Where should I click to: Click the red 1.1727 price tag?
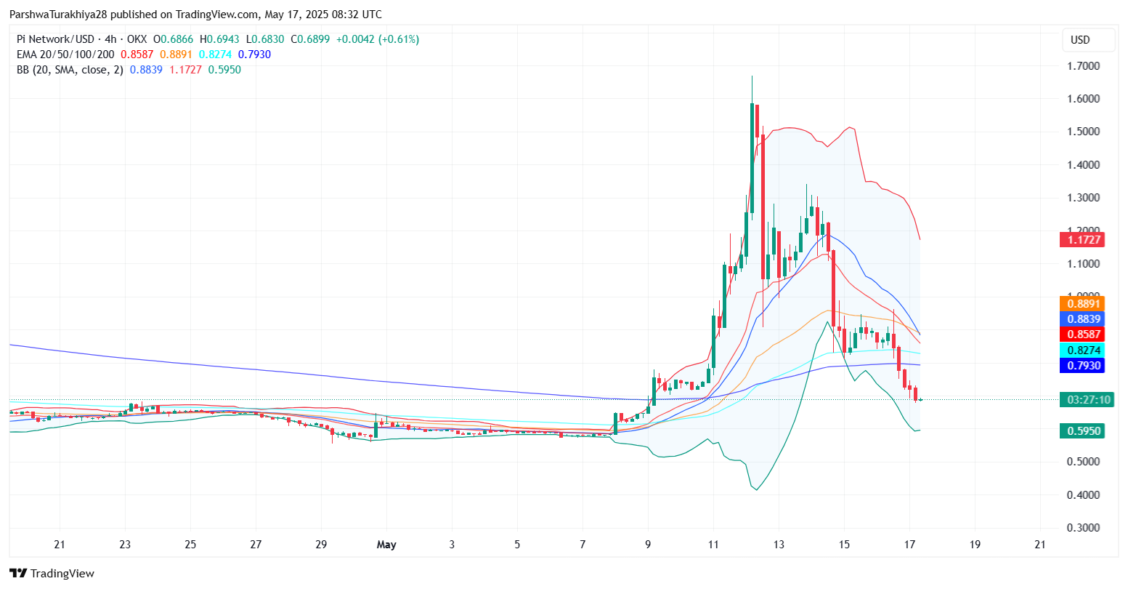1082,239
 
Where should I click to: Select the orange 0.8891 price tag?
1082,303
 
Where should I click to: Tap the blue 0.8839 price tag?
1082,318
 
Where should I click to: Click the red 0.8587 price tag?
1082,334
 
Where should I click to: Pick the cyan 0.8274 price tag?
1082,350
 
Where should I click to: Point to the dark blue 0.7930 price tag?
1082,366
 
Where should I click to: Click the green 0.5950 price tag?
1082,431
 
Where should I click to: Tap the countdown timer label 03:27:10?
1085,399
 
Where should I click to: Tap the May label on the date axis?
386,545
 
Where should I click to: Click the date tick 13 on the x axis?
779,545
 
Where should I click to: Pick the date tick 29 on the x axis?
322,545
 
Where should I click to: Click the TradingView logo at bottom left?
52,574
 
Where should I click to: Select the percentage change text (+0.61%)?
395,39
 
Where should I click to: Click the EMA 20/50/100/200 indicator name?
65,55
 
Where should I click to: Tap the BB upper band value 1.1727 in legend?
184,70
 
